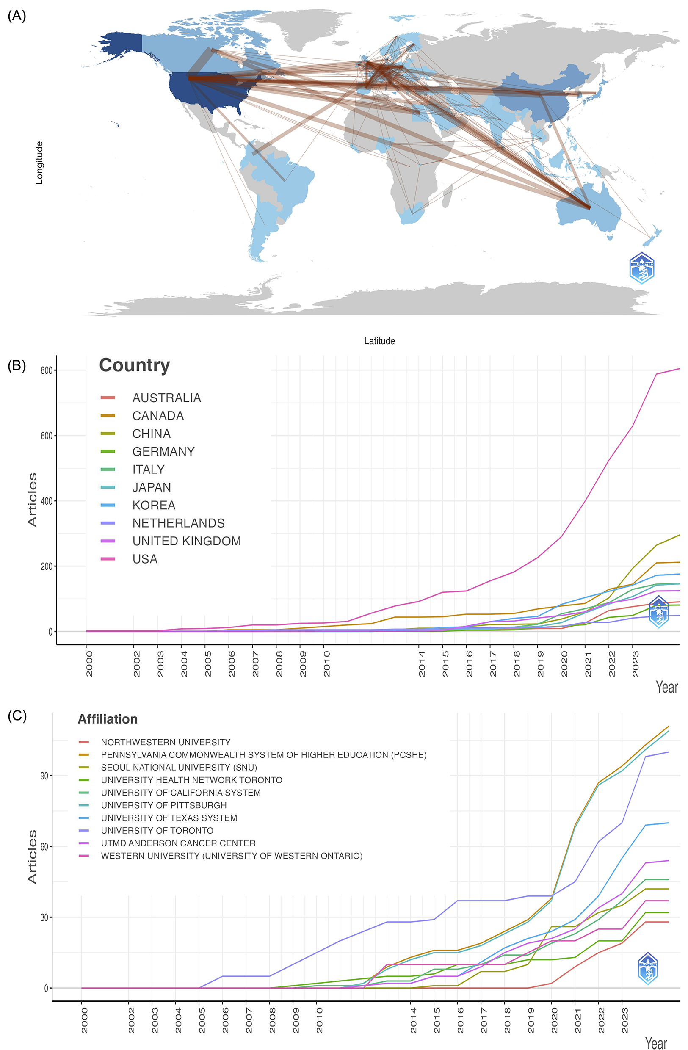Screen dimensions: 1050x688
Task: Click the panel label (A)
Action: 17,16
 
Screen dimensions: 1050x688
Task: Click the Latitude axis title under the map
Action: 379,340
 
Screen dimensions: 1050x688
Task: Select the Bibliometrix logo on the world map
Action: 641,268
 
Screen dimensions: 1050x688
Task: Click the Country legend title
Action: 134,365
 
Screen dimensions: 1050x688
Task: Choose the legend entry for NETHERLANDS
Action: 178,523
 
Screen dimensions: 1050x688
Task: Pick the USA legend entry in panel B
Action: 145,559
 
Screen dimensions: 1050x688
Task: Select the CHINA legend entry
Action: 152,434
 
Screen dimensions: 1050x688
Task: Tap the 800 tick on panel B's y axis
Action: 46,370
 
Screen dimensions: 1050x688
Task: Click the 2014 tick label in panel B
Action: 422,663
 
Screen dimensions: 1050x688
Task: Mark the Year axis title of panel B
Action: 666,687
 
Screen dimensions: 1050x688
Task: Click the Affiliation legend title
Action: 108,719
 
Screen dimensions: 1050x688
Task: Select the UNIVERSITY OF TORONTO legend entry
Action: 157,830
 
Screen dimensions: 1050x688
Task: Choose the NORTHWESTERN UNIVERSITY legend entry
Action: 166,742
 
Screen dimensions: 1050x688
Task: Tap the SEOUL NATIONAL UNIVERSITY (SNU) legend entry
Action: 179,767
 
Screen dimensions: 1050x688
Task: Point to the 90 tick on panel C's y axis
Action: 44,776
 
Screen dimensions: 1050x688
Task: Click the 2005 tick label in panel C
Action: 202,1020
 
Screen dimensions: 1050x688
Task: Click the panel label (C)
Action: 17,716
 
